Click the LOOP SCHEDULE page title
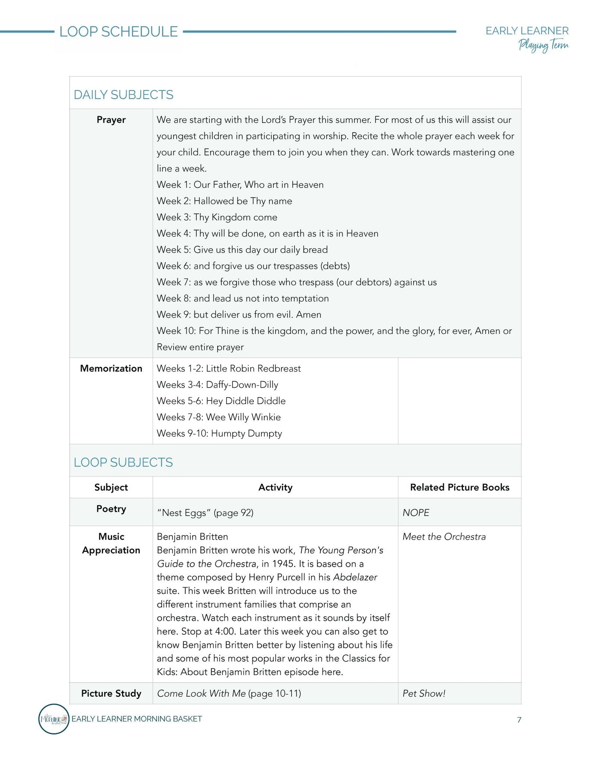(x=119, y=32)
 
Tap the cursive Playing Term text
(x=543, y=45)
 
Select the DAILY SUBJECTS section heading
(x=124, y=95)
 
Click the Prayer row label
(x=111, y=120)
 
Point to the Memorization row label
(x=111, y=368)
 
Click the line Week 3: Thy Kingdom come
(x=217, y=217)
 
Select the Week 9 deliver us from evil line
(x=239, y=314)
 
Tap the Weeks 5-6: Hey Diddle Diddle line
(x=221, y=401)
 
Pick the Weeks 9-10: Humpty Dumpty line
(x=219, y=433)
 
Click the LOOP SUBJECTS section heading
(x=123, y=462)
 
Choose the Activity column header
(x=275, y=487)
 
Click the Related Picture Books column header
(x=460, y=487)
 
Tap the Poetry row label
(x=111, y=509)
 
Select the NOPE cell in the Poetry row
(x=416, y=512)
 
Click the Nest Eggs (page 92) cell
(x=205, y=512)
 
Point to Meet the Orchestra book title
(x=444, y=537)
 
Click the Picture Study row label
(x=111, y=693)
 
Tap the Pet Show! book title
(x=424, y=693)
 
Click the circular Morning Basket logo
(x=54, y=719)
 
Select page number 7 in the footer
(x=519, y=720)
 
